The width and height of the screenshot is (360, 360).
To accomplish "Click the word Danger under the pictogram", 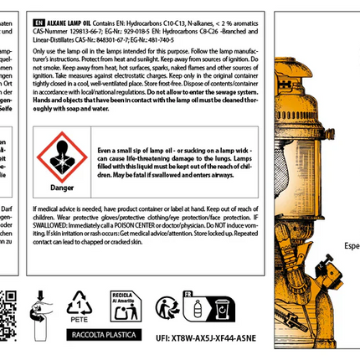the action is pos(59,187).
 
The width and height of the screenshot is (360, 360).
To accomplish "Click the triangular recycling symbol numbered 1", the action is pos(80,303).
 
